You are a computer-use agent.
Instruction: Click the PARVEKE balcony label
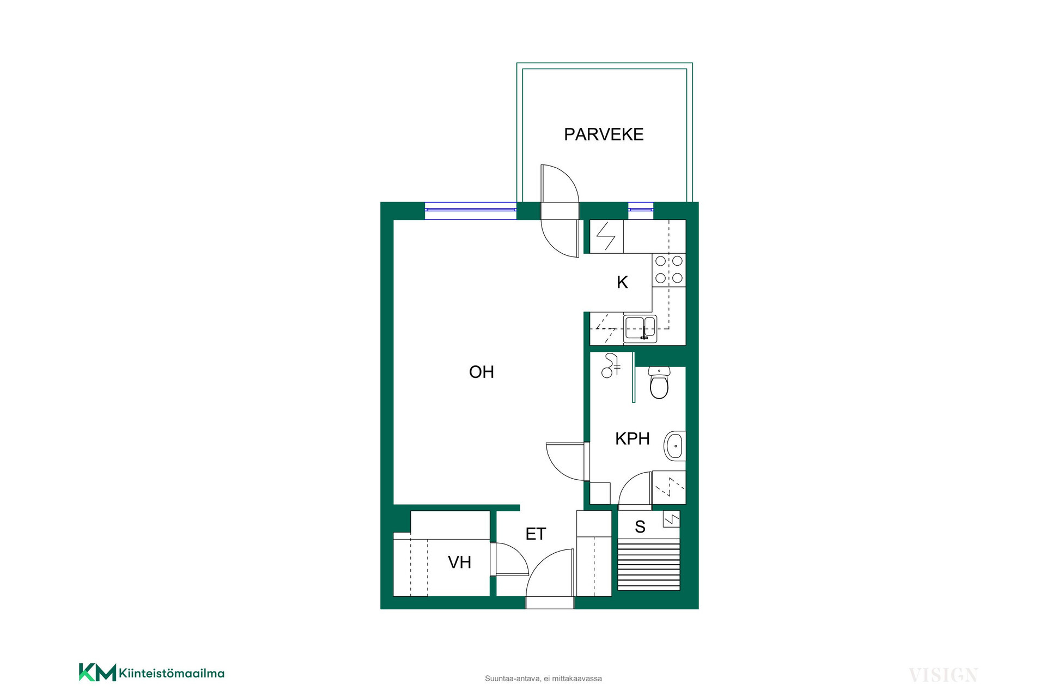[604, 134]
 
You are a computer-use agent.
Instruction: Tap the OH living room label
[482, 372]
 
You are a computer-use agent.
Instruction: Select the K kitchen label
[622, 282]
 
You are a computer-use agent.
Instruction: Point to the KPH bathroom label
[632, 438]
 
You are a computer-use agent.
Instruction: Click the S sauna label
[640, 527]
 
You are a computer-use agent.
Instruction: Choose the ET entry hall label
[536, 534]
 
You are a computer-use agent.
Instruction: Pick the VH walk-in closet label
[459, 562]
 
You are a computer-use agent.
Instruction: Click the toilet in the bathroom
[659, 382]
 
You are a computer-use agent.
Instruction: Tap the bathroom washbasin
[674, 446]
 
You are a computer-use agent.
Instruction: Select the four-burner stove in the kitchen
[669, 270]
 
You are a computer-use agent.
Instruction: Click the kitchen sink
[640, 328]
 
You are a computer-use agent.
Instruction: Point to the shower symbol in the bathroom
[610, 366]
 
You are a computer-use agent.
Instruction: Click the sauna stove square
[671, 519]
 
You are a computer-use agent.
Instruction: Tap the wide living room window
[470, 210]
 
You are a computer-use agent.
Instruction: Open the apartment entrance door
[550, 579]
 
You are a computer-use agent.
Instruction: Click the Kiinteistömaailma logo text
[172, 673]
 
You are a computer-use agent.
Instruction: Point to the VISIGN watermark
[943, 675]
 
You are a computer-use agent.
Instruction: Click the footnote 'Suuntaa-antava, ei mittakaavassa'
[543, 678]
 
